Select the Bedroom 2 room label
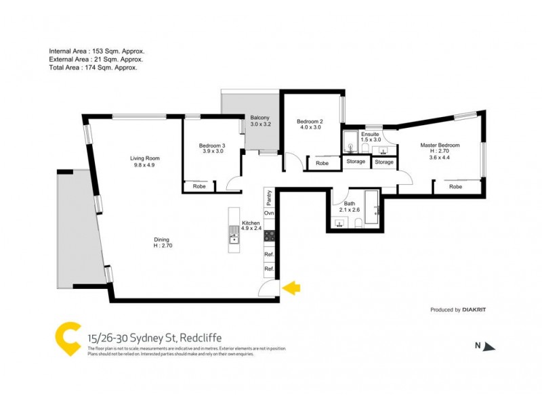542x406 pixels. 310,122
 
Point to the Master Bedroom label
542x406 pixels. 440,145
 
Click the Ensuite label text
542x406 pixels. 370,135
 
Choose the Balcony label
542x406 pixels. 260,118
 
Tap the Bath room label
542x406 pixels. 350,203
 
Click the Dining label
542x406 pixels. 161,238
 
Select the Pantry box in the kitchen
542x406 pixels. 269,198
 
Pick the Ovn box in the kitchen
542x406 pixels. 269,214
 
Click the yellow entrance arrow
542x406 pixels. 291,289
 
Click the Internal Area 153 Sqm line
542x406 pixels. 96,51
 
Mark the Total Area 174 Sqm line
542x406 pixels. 93,68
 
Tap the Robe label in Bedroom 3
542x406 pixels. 199,186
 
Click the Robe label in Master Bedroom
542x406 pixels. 455,186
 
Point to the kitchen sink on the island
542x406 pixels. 234,236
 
